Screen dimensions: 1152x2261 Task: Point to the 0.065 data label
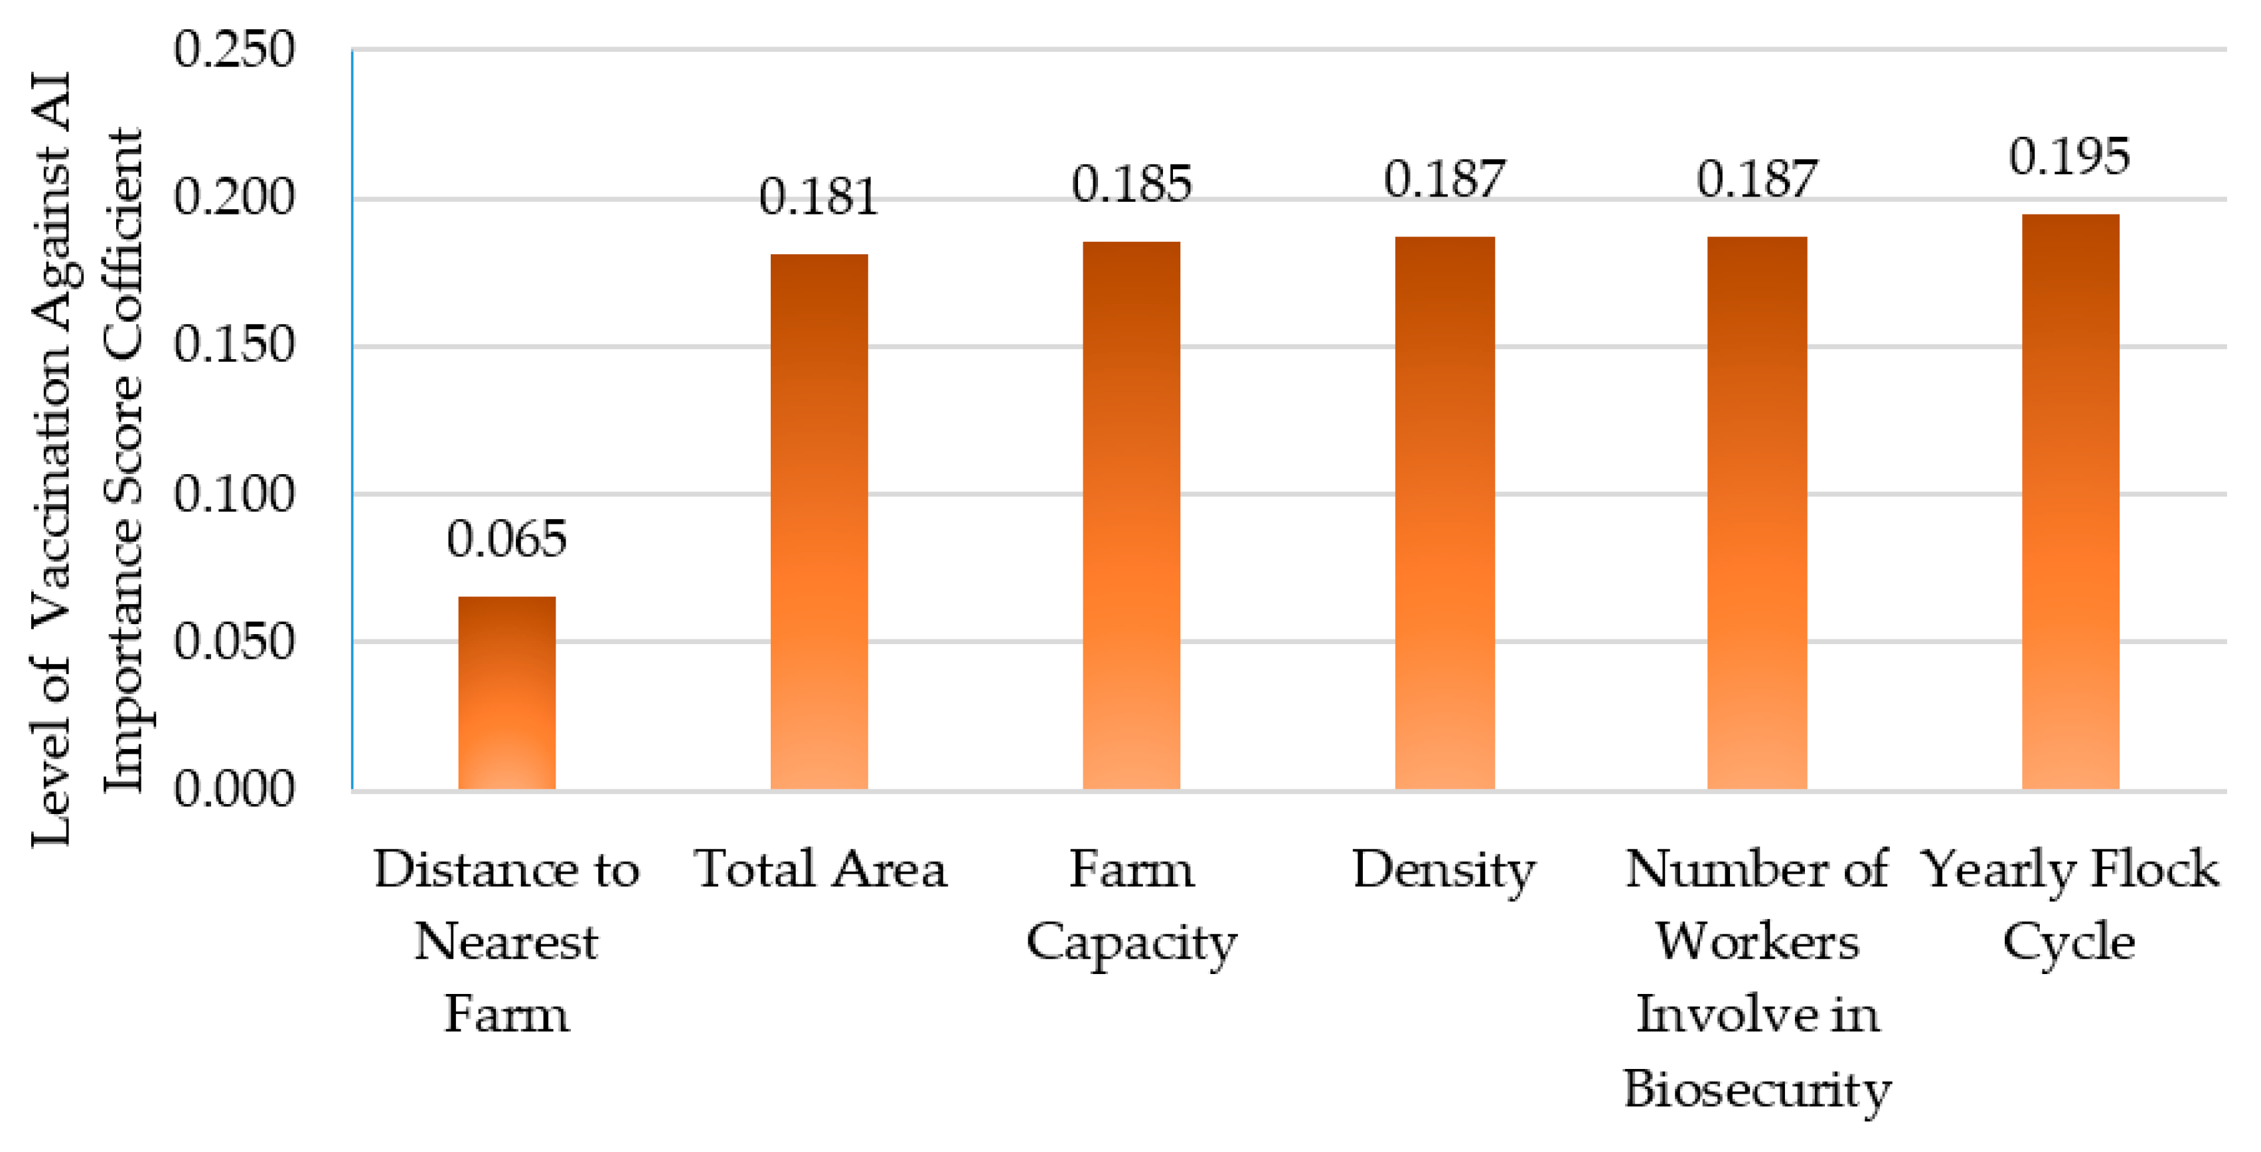pos(507,538)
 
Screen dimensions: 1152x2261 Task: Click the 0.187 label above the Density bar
pos(1444,179)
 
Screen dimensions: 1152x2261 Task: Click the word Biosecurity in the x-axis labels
pos(1756,1089)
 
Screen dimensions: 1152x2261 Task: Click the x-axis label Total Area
pos(820,869)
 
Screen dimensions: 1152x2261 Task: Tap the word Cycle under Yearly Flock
pos(2068,943)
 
